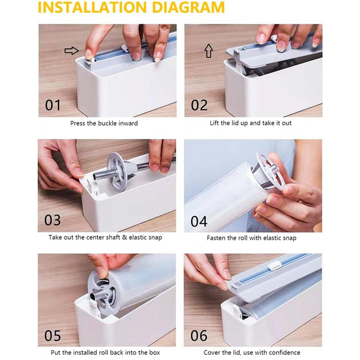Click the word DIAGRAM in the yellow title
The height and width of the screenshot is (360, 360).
(x=188, y=7)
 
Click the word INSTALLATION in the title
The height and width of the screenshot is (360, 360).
(x=92, y=7)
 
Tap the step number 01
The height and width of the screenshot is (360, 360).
(x=53, y=105)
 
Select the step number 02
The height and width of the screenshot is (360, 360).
(x=199, y=105)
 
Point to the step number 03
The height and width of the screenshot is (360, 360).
(x=52, y=220)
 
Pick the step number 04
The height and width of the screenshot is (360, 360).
(x=199, y=221)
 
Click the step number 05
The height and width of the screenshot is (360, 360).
(x=52, y=336)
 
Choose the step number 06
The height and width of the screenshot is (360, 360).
(x=199, y=336)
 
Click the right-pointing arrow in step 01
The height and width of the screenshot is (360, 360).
(x=71, y=50)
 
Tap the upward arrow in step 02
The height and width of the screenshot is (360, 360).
(x=208, y=51)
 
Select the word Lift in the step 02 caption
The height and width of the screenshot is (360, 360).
(x=214, y=123)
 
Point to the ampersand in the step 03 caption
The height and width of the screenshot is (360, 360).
(x=124, y=237)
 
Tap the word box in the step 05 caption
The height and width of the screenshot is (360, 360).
(x=155, y=352)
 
